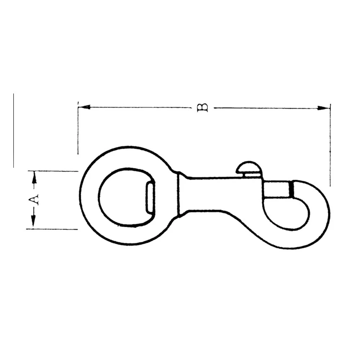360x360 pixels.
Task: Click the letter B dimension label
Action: tap(203, 107)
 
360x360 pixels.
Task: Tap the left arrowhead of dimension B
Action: tap(84, 107)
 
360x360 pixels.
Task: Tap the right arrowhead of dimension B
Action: tap(324, 108)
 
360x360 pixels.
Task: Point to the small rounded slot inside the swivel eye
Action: tap(149, 198)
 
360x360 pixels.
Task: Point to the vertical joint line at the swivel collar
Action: tap(179, 195)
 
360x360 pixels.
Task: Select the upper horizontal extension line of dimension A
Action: tap(54, 171)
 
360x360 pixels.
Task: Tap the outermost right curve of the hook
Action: tap(328, 216)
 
